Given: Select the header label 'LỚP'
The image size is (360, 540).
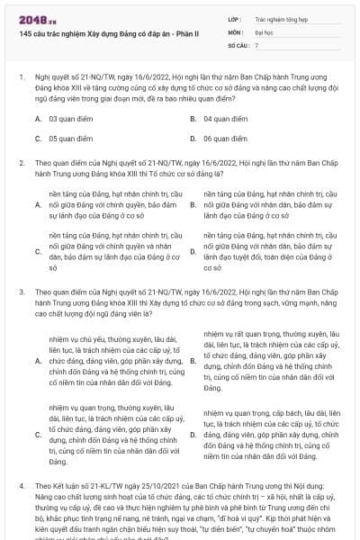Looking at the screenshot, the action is click(x=235, y=18).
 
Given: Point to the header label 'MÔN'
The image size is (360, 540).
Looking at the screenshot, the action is click(x=236, y=31).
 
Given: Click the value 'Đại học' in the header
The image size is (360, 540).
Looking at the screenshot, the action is click(x=263, y=31).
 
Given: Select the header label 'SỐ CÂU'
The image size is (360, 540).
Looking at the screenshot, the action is click(x=238, y=44).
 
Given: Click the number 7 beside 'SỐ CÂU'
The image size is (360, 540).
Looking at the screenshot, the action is click(x=256, y=44).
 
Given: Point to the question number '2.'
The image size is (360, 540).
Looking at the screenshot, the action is click(x=21, y=163).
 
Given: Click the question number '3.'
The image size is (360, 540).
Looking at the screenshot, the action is click(x=21, y=292).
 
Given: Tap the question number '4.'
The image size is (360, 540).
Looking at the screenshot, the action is click(x=21, y=484).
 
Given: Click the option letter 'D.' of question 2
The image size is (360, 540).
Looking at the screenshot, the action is click(x=193, y=251).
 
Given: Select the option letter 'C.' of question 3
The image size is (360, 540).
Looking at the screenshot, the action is click(x=38, y=435).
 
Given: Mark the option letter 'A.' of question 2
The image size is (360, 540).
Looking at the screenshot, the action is click(x=38, y=204).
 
